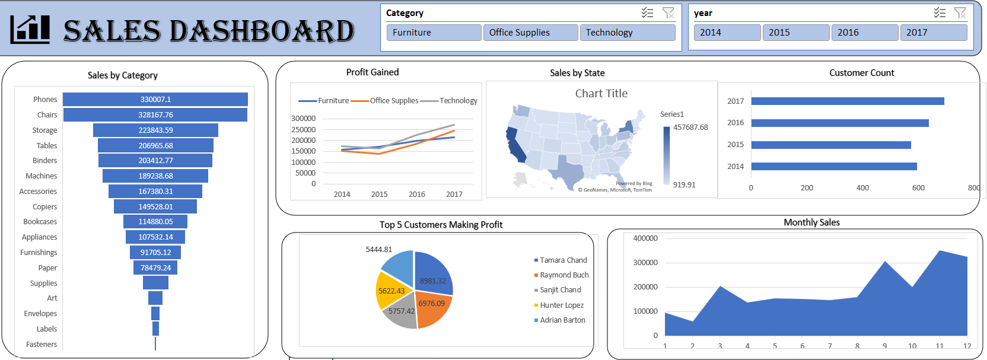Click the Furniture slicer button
[433, 33]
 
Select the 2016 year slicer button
[864, 33]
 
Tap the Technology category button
[627, 33]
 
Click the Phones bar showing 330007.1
[155, 100]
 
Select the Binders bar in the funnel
[155, 161]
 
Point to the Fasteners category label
[42, 345]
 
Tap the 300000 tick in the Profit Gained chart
[303, 119]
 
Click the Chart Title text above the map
[601, 94]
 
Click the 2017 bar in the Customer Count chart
[847, 101]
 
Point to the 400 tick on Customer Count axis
[862, 188]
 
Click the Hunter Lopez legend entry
[561, 305]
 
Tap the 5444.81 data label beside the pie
[378, 250]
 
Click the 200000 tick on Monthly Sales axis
[645, 287]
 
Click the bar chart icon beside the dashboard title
[30, 30]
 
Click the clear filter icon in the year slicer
[960, 12]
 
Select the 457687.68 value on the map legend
[690, 128]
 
